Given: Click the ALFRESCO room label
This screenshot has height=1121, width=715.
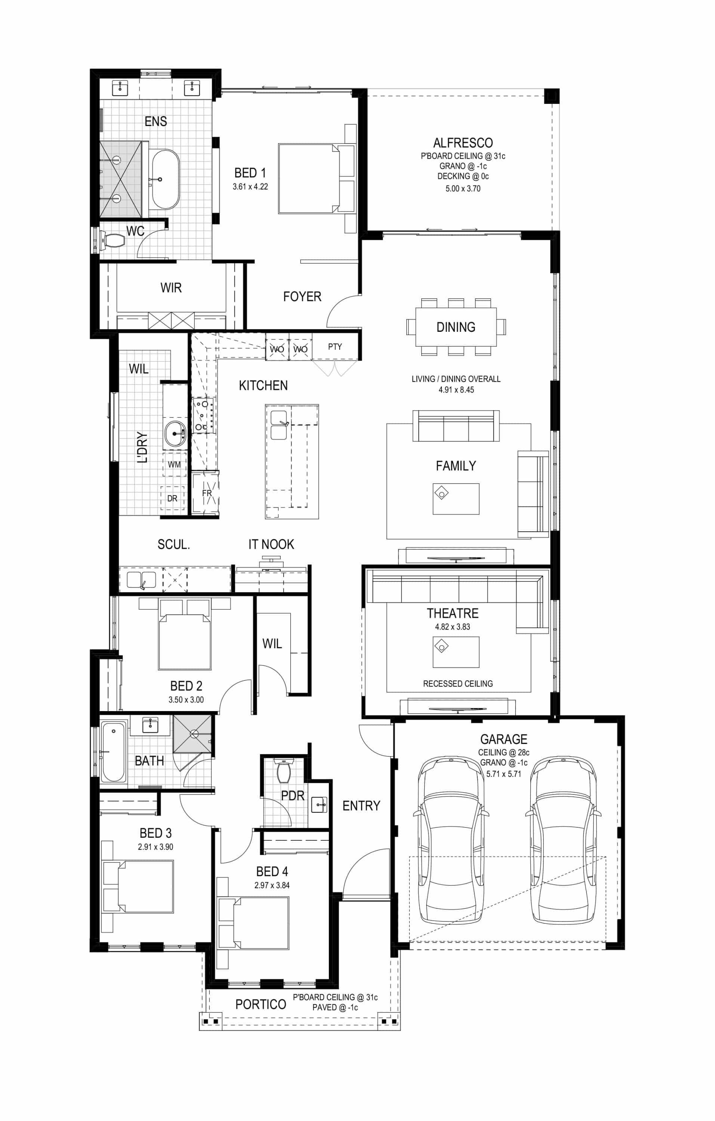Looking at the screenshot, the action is coord(463,143).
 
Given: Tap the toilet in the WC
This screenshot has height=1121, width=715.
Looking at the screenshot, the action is coord(113,241).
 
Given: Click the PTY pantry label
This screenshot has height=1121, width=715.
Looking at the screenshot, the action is coord(335,346).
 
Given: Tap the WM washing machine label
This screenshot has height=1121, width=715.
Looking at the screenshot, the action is coord(174,464).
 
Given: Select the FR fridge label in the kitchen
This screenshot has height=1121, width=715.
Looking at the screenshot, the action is coord(207,493).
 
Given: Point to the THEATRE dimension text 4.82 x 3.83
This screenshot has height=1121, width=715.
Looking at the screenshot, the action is coord(453,627).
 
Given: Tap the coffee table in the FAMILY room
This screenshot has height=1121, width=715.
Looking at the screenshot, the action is coord(456,498).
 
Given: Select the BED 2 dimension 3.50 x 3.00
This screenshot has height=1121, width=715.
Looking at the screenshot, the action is coord(186,699).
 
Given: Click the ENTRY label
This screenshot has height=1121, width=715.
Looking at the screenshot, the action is coord(361,806).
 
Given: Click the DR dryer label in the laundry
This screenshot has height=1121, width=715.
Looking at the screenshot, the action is coord(172,498).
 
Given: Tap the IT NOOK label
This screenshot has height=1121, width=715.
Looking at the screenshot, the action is coord(271,544).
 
